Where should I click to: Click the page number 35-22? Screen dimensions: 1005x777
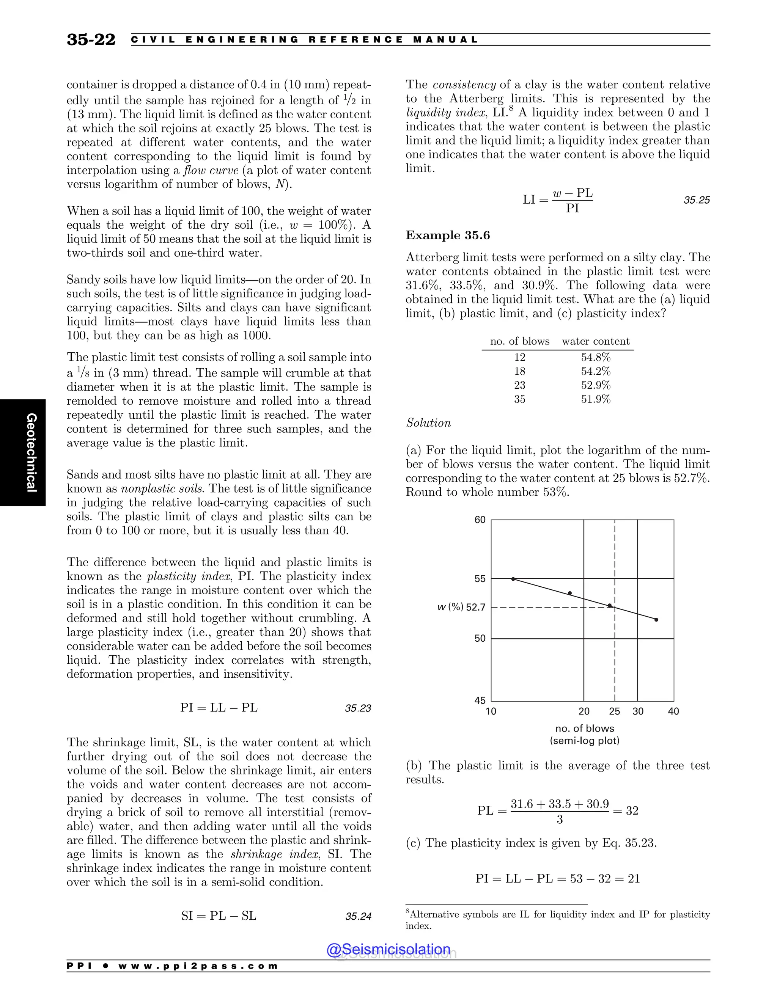pyautogui.click(x=91, y=39)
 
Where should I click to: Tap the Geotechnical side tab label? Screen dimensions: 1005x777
pyautogui.click(x=31, y=452)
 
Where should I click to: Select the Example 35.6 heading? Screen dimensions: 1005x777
pyautogui.click(x=447, y=235)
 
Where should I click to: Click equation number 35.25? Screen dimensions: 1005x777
pyautogui.click(x=697, y=200)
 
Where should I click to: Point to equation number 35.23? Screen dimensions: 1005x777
pyautogui.click(x=358, y=708)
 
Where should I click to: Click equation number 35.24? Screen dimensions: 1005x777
pyautogui.click(x=358, y=916)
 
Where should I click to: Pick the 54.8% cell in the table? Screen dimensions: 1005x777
pyautogui.click(x=595, y=357)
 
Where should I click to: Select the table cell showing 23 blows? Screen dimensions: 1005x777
pyautogui.click(x=520, y=385)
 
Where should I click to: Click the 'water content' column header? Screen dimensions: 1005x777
pyautogui.click(x=595, y=341)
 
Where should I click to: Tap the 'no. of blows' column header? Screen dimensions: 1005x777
pyautogui.click(x=520, y=341)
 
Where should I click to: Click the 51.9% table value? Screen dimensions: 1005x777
pyautogui.click(x=595, y=399)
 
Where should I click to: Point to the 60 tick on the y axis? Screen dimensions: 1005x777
pyautogui.click(x=480, y=520)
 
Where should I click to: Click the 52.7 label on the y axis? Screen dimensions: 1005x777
pyautogui.click(x=475, y=608)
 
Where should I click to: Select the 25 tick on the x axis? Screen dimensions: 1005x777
pyautogui.click(x=615, y=711)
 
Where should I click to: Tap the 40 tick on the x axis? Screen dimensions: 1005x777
pyautogui.click(x=673, y=711)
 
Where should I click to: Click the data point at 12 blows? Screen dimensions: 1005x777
pyautogui.click(x=513, y=579)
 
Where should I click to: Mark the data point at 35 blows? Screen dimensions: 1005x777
pyautogui.click(x=656, y=620)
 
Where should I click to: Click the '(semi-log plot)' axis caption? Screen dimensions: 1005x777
pyautogui.click(x=585, y=741)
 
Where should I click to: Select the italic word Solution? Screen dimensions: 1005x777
pyautogui.click(x=428, y=423)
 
